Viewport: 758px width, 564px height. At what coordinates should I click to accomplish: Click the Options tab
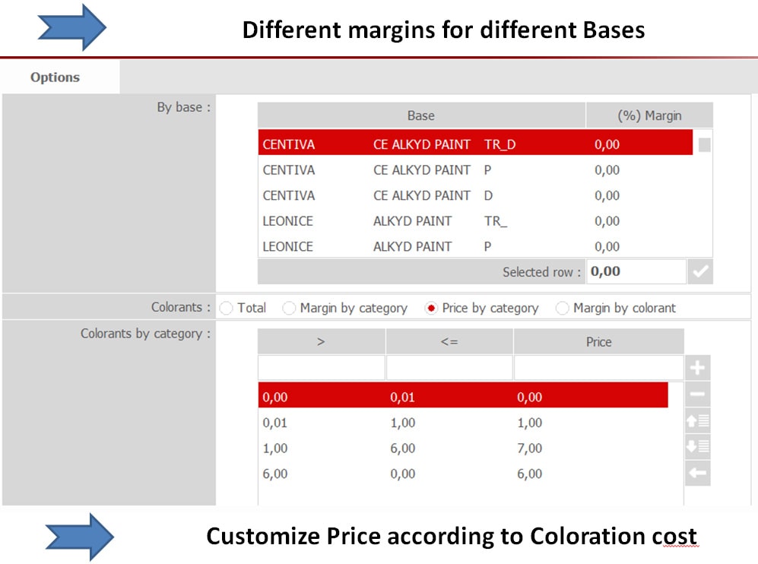(x=55, y=78)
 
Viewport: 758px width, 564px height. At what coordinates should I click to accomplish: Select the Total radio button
(x=226, y=309)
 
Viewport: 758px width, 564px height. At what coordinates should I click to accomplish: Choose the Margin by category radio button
(x=289, y=309)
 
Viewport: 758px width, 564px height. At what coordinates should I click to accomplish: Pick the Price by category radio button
(x=431, y=309)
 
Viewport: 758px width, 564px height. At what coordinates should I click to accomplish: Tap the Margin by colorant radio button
(x=562, y=309)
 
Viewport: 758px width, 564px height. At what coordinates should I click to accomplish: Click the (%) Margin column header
(x=649, y=116)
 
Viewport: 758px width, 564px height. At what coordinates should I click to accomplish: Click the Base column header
(x=421, y=116)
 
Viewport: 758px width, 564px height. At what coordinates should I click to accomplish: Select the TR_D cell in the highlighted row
(x=500, y=144)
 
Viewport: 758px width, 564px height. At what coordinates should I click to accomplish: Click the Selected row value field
(x=636, y=271)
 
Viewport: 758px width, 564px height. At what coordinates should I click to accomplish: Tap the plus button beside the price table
(x=697, y=368)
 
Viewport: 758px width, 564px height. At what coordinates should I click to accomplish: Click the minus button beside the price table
(x=697, y=394)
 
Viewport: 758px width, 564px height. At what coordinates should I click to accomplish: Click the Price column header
(x=599, y=342)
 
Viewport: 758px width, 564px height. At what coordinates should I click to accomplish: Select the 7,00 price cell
(x=529, y=448)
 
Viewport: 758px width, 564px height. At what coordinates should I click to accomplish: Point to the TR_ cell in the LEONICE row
(x=496, y=221)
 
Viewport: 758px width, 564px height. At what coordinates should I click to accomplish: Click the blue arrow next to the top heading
(x=72, y=27)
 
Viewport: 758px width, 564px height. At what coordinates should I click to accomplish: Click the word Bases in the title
(x=614, y=30)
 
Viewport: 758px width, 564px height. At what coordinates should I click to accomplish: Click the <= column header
(x=449, y=342)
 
